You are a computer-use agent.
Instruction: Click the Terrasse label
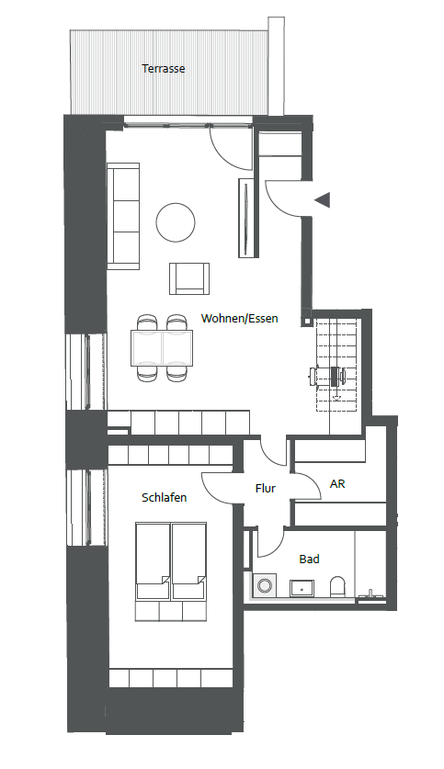click(x=164, y=69)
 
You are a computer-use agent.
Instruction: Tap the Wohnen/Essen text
click(x=239, y=318)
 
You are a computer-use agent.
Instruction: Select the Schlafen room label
click(x=165, y=497)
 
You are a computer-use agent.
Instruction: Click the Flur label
click(x=266, y=489)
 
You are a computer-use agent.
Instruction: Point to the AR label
click(x=337, y=484)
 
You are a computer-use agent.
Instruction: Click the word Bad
click(x=309, y=560)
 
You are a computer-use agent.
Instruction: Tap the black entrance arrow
click(x=323, y=200)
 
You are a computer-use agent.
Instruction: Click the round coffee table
click(x=176, y=222)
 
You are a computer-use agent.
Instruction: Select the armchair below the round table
click(x=189, y=278)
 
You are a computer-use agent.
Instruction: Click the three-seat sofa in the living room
click(x=123, y=216)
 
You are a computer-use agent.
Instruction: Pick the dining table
click(x=162, y=347)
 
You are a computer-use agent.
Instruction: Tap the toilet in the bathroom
click(x=337, y=586)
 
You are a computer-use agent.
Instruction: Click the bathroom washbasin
click(x=302, y=587)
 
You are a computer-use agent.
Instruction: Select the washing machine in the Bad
click(x=265, y=585)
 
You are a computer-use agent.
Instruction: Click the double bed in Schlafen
click(x=171, y=571)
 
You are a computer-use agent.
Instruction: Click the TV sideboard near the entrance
click(x=248, y=217)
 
